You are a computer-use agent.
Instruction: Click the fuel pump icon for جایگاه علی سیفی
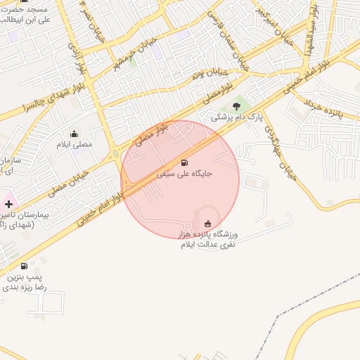[185, 161]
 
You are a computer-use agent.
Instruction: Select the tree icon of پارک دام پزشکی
[236, 105]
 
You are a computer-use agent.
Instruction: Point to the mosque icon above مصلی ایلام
[74, 134]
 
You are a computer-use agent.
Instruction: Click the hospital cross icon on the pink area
[8, 203]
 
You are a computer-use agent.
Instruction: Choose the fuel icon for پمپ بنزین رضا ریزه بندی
[25, 266]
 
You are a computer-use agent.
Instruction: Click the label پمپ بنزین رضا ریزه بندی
[25, 283]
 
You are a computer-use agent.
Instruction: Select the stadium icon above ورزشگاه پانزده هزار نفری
[207, 223]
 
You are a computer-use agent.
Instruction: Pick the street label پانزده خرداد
[323, 105]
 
